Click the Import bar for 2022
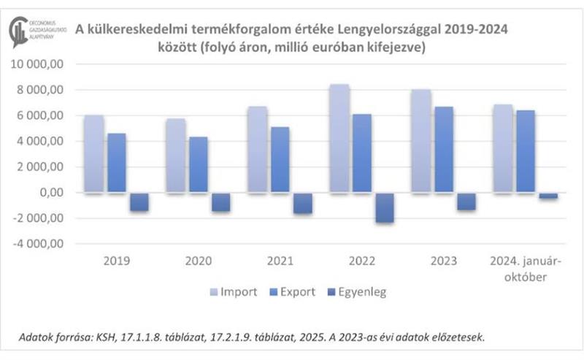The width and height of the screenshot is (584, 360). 339,139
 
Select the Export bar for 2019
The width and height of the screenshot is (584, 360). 117,163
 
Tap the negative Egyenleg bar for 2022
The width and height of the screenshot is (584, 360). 385,208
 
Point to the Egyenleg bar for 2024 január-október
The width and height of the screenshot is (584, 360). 548,196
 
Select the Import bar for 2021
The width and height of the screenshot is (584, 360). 258,150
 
